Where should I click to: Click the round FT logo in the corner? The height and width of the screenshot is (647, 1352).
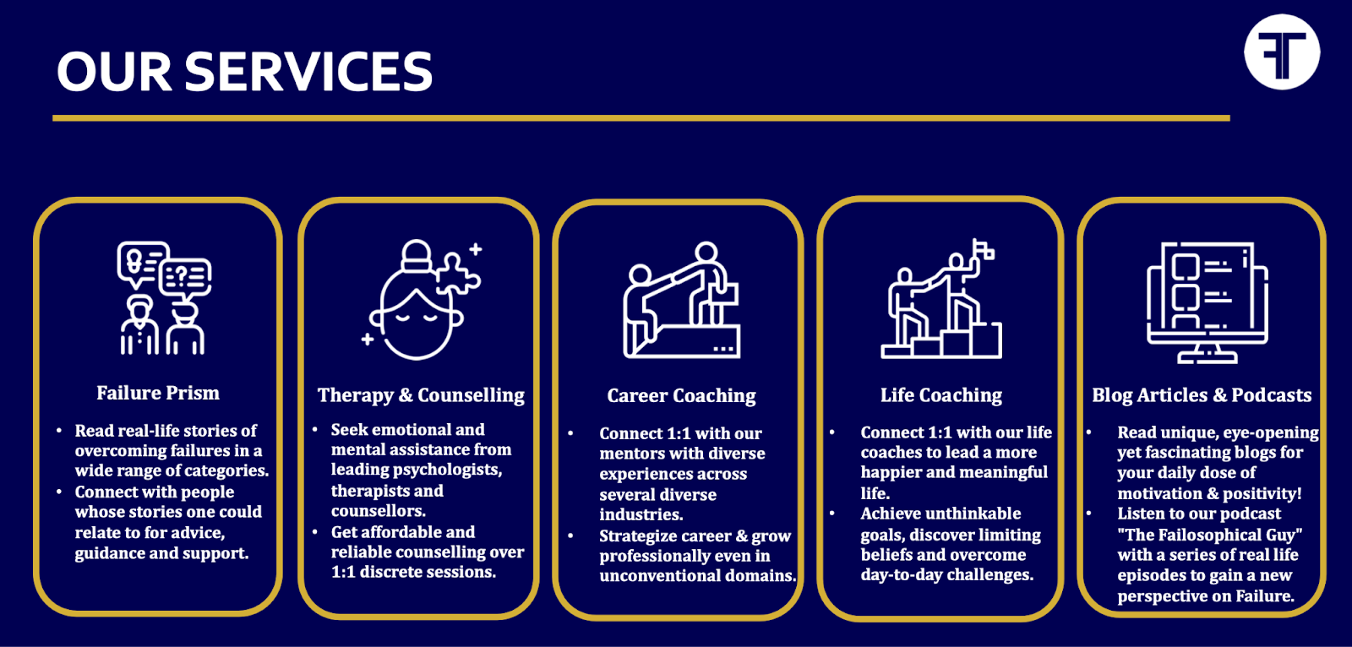[x=1282, y=52]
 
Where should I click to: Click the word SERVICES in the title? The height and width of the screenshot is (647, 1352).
[x=308, y=72]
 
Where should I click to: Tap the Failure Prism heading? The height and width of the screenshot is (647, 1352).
[x=158, y=393]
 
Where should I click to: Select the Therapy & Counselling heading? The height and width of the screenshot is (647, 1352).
[x=422, y=395]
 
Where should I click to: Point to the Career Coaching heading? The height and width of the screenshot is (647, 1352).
[x=681, y=396]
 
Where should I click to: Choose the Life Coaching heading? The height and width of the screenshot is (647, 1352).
[x=941, y=395]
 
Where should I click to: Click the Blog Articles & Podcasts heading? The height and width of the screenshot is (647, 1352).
[x=1202, y=395]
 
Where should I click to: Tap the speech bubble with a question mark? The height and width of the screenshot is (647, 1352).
[x=185, y=280]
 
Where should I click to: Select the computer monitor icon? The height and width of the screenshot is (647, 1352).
[x=1208, y=302]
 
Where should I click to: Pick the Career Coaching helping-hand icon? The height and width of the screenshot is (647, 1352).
[x=681, y=300]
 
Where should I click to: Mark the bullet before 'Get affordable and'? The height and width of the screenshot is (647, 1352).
[x=314, y=532]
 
